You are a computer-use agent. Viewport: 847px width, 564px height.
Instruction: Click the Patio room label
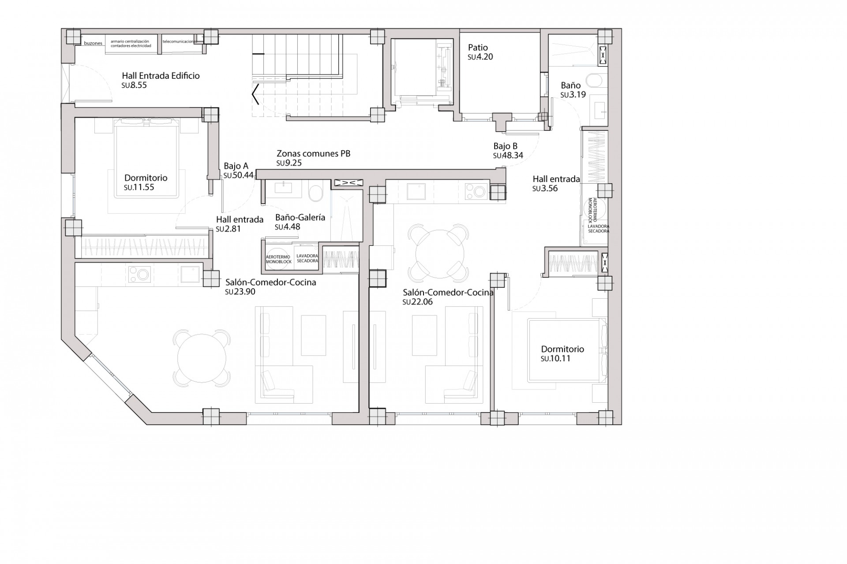[x=478, y=48]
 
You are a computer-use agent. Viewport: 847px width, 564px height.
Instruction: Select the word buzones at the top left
[x=93, y=44]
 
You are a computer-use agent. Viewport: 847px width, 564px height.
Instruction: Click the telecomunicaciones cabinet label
[x=178, y=41]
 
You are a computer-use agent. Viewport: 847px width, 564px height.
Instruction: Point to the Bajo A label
[x=236, y=166]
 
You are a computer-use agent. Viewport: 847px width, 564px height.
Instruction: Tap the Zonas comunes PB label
[x=313, y=154]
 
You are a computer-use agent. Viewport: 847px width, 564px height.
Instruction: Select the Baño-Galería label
[x=300, y=217]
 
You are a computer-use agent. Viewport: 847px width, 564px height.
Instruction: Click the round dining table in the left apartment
[x=202, y=357]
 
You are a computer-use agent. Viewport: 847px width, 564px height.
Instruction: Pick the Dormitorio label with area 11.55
[x=146, y=178]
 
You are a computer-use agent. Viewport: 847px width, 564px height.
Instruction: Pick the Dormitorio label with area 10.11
[x=562, y=349]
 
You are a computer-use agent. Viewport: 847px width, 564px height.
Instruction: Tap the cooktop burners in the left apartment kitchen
[x=139, y=274]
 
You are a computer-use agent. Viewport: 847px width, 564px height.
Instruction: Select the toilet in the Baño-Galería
[x=315, y=193]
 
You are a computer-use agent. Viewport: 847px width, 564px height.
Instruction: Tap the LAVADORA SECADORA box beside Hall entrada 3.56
[x=598, y=228]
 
